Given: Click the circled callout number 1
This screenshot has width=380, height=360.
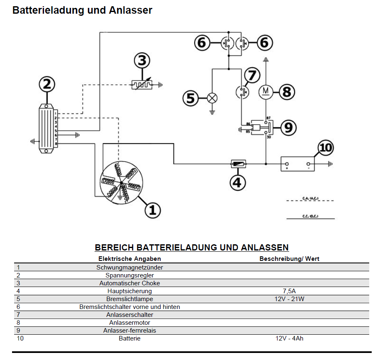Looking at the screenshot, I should click(152, 210).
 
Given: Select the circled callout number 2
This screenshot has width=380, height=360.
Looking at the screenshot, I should click(47, 85).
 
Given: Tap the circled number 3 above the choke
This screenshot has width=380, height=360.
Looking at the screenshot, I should click(142, 61).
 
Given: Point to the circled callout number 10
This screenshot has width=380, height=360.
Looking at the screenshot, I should click(326, 148).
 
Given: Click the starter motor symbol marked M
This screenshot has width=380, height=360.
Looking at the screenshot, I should click(265, 91).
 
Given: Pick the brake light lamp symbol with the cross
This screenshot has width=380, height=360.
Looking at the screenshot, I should click(212, 98).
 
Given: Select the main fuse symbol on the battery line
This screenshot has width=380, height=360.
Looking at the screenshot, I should click(239, 164).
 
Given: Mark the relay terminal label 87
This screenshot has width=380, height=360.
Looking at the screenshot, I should click(268, 119).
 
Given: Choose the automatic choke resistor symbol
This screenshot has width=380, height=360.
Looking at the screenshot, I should click(141, 85).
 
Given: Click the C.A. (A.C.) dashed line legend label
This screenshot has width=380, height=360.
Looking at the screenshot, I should click(310, 198).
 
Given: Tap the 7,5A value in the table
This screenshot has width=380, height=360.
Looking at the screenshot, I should click(289, 291).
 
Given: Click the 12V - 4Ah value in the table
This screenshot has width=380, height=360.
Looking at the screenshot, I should click(289, 338).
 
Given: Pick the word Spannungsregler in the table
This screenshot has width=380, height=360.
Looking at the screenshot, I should click(130, 275).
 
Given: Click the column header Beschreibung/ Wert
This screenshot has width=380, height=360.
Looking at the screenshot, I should click(289, 259).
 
